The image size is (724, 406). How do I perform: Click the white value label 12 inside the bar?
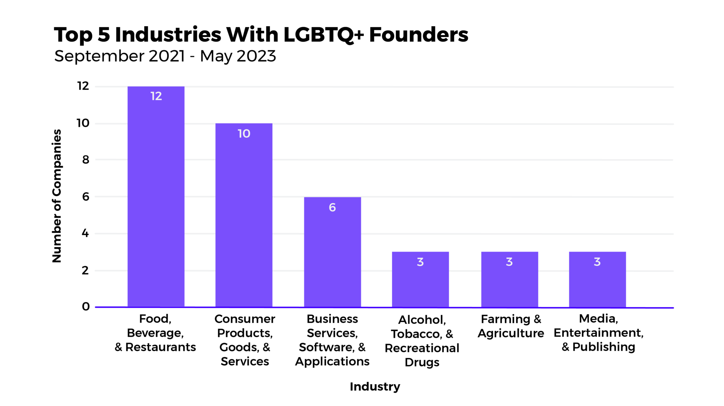(156, 96)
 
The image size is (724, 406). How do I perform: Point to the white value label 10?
(244, 134)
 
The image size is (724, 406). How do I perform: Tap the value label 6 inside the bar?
(332, 207)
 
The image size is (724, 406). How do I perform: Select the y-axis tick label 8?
(86, 160)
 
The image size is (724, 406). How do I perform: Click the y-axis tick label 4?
(85, 233)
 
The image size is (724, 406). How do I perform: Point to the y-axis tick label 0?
(86, 306)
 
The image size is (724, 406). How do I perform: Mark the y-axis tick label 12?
(83, 86)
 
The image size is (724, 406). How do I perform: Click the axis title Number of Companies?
(57, 196)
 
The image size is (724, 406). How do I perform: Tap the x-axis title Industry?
(375, 387)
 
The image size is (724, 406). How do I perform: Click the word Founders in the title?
(419, 35)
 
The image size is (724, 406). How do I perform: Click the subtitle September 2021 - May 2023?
(165, 56)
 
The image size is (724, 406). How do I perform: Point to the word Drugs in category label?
(422, 362)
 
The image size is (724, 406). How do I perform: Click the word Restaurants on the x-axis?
(160, 347)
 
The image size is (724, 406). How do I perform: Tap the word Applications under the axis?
(332, 361)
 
